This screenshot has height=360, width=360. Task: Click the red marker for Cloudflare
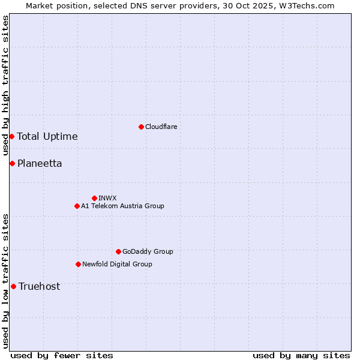[141, 127]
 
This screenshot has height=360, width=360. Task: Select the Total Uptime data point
[11, 136]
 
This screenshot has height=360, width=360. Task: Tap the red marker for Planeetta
[12, 163]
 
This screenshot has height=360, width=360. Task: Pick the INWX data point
[94, 198]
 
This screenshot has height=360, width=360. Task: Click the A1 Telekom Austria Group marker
[77, 206]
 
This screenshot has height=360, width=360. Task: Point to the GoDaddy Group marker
[118, 251]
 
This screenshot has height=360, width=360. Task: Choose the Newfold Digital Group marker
[78, 264]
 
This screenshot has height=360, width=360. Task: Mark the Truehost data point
[13, 286]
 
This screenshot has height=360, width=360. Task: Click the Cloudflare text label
[161, 127]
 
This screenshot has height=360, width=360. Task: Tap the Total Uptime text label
[47, 136]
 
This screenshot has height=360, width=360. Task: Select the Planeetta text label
[40, 163]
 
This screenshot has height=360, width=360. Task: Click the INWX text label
[107, 198]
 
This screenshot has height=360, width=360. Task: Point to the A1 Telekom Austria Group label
[122, 206]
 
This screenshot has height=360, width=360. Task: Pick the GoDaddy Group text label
[148, 251]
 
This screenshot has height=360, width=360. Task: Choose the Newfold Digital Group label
[117, 264]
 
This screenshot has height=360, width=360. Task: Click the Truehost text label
[39, 286]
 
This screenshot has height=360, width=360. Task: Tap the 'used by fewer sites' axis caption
[62, 355]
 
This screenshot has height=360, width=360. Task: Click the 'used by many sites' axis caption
[301, 355]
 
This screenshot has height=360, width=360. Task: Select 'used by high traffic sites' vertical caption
[5, 86]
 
